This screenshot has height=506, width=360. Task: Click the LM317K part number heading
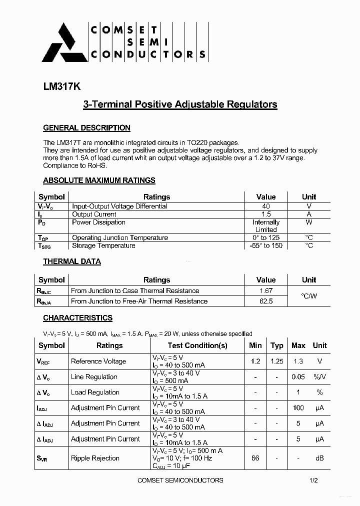click(x=61, y=86)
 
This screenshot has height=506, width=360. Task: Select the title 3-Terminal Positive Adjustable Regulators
click(x=179, y=104)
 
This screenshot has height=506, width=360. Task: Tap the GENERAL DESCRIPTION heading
click(x=86, y=128)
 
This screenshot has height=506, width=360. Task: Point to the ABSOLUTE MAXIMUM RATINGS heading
click(x=99, y=180)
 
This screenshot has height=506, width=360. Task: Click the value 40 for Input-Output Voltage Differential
click(x=265, y=206)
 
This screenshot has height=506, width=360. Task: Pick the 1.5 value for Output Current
click(x=265, y=214)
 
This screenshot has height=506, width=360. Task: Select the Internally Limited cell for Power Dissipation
click(x=265, y=226)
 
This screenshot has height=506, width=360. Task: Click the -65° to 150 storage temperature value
click(x=265, y=245)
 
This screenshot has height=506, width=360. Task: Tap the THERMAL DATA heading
click(x=72, y=261)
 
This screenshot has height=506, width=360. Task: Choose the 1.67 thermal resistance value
click(x=265, y=290)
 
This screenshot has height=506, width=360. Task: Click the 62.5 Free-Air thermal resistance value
click(x=265, y=301)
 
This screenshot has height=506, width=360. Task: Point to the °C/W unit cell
click(x=309, y=296)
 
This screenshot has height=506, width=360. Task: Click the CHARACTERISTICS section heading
click(x=77, y=318)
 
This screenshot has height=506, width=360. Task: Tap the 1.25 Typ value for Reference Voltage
click(x=276, y=361)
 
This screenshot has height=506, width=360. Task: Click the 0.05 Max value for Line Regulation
click(x=298, y=377)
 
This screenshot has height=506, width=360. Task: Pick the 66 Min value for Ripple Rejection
click(x=255, y=458)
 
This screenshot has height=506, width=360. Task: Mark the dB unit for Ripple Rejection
click(x=319, y=458)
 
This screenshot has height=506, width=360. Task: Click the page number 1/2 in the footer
click(x=313, y=480)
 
